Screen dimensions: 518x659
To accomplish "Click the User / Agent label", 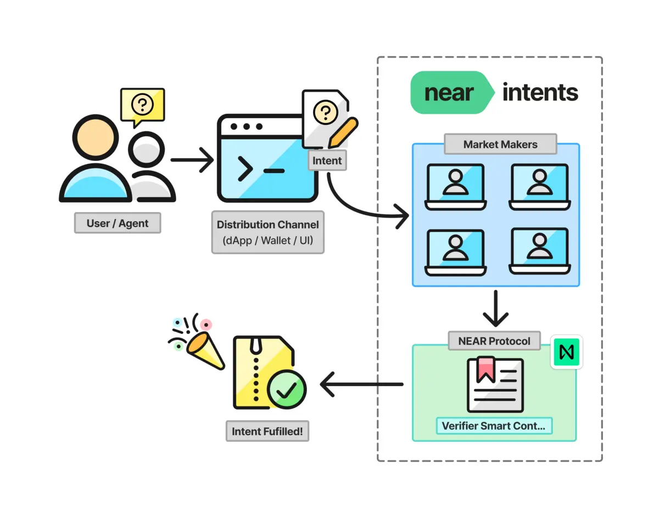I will (x=118, y=223).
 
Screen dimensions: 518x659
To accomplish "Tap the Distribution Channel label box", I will (x=267, y=232).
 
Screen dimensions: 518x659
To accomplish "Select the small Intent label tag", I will (x=327, y=160).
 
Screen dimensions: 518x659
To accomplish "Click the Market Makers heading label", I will (x=500, y=144).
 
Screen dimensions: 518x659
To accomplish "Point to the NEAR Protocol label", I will (x=494, y=341).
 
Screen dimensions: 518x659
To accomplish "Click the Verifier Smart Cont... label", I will (x=494, y=426).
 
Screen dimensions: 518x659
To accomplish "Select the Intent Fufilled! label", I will (x=267, y=431).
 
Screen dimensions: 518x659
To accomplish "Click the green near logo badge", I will (x=449, y=93).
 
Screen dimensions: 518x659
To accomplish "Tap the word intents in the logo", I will (x=540, y=92).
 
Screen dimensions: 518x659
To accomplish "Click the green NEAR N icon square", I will (x=566, y=352).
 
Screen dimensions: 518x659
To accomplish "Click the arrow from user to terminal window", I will (x=192, y=160).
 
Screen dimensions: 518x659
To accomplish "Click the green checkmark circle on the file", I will (x=286, y=389).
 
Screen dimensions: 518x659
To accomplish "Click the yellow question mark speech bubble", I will (x=142, y=104).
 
